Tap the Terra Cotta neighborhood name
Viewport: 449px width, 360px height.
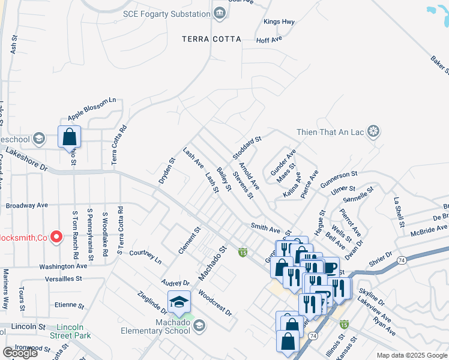tap(212, 39)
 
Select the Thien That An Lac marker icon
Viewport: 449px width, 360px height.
tap(374, 132)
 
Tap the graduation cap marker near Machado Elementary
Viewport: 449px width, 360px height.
tap(179, 302)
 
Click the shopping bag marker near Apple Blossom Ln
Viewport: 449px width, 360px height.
tap(70, 136)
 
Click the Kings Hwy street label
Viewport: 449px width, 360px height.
tap(279, 22)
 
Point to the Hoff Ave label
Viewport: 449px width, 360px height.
tap(269, 39)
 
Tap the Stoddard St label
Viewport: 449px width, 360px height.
tap(247, 147)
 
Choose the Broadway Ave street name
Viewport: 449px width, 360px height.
tap(26, 205)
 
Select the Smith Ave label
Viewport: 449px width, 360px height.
tap(265, 229)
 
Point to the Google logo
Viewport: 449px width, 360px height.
tap(20, 353)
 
